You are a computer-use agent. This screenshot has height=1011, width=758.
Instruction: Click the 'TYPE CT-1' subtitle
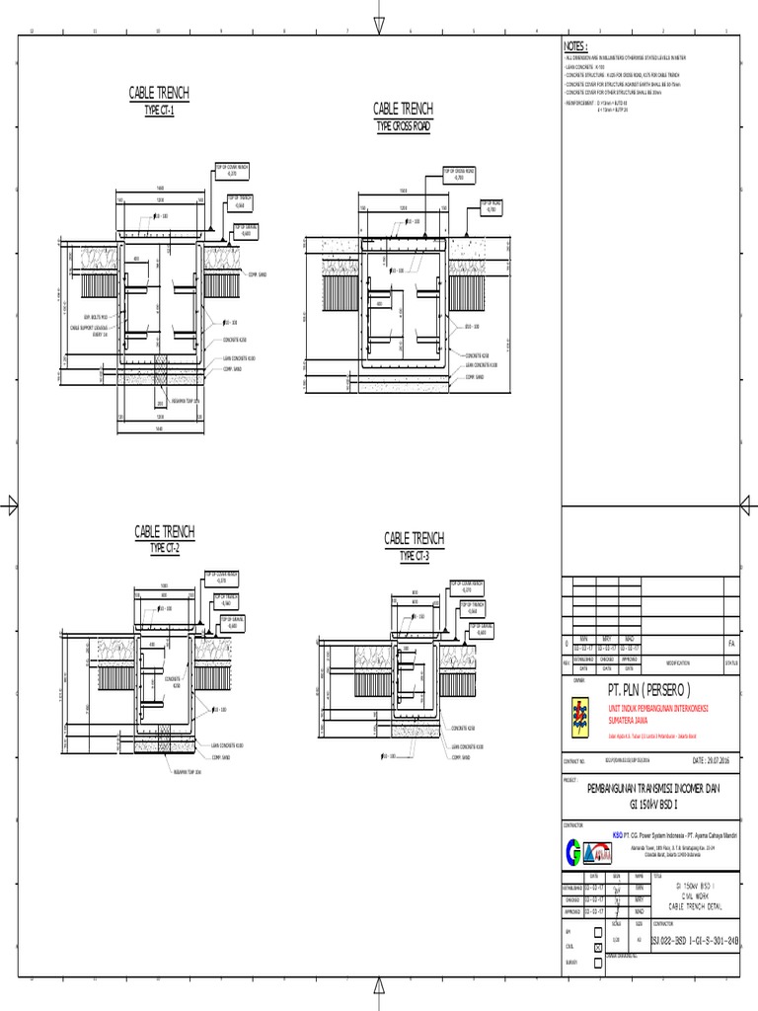[159, 110]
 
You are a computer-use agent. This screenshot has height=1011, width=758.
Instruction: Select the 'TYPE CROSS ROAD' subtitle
[404, 126]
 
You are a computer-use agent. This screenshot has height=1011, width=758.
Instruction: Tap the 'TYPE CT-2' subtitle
[164, 548]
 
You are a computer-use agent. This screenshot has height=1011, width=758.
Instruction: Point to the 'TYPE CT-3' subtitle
[415, 556]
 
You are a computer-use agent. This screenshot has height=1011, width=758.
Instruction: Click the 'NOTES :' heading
[574, 46]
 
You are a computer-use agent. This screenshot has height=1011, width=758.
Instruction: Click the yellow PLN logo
[578, 719]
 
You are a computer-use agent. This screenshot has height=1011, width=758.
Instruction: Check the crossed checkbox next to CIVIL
[599, 946]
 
